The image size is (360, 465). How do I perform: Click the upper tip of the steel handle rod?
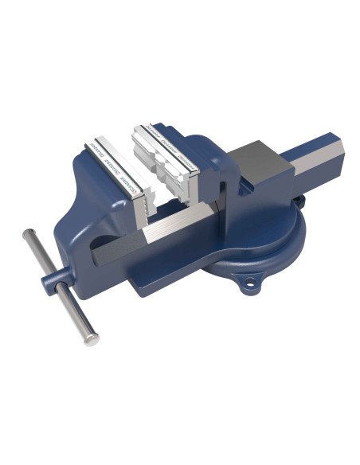coord(27,234)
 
